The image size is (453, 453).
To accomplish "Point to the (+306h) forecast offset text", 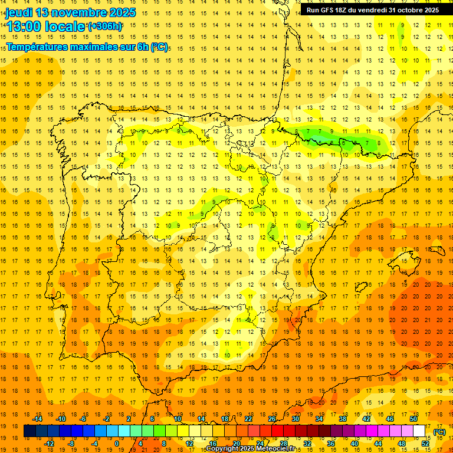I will coord(105,27).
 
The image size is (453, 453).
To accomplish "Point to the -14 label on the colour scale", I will coord(38,419).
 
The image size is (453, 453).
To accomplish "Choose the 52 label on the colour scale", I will coord(425,444).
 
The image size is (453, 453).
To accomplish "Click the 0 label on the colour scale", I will coord(117,444).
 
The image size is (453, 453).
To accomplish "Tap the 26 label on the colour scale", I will coord(272,419).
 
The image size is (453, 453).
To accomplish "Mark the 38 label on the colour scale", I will coord(343,419).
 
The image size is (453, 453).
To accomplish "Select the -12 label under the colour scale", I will coord(50,444).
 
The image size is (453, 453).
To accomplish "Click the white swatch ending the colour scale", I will coord(419,431).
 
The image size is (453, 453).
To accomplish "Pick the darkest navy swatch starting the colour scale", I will coord(29,431).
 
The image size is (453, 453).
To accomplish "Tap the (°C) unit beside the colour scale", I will coord(439,432).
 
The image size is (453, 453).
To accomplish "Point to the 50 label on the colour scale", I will coord(413,419).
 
